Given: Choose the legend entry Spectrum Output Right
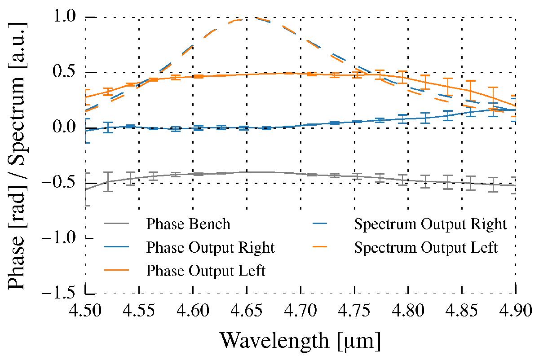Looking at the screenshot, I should point(431,224).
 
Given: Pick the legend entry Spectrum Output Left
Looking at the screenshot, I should point(426,247).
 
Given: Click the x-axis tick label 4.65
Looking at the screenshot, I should point(247,310).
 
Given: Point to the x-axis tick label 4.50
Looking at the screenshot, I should point(85,310).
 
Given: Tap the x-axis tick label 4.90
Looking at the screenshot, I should point(515,310).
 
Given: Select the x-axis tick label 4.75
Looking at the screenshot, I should point(354,310).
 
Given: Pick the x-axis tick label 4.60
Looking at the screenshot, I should point(193,310).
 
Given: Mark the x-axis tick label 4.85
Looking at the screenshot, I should point(462,310).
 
